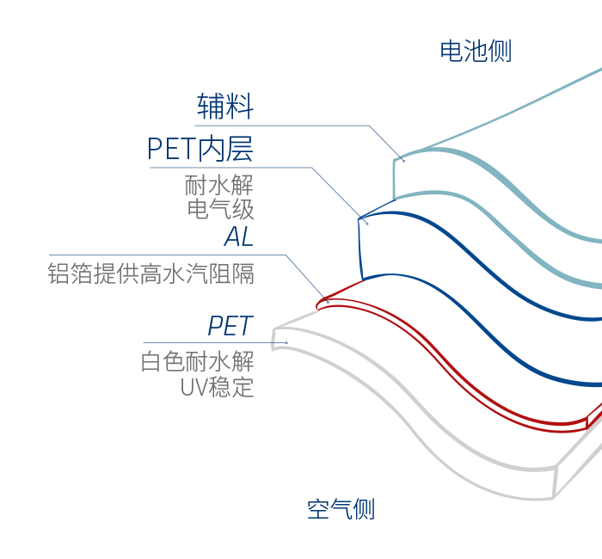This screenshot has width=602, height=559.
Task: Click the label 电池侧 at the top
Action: (x=476, y=51)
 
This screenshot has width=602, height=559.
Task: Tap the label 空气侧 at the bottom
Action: (x=341, y=509)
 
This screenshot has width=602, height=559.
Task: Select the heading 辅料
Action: (x=225, y=107)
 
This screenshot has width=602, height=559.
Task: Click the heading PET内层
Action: (x=200, y=149)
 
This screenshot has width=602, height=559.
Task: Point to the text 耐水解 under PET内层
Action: (x=219, y=185)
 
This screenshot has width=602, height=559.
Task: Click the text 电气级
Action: (x=220, y=209)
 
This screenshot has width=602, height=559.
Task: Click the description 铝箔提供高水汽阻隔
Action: (x=151, y=274)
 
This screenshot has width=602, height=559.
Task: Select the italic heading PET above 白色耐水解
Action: (x=230, y=326)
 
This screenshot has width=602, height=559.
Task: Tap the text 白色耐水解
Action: (x=197, y=361)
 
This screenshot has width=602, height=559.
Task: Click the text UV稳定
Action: (x=217, y=386)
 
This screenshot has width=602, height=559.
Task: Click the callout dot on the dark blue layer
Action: (x=367, y=224)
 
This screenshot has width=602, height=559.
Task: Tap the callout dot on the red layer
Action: (x=326, y=300)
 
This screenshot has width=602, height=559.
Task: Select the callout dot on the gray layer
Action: (x=286, y=342)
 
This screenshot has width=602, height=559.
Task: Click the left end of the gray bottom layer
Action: (x=273, y=339)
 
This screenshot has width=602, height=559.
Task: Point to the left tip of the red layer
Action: (x=318, y=304)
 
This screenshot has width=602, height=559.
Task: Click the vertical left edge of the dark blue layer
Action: (x=359, y=249)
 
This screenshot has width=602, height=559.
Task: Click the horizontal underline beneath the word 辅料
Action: (x=284, y=126)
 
